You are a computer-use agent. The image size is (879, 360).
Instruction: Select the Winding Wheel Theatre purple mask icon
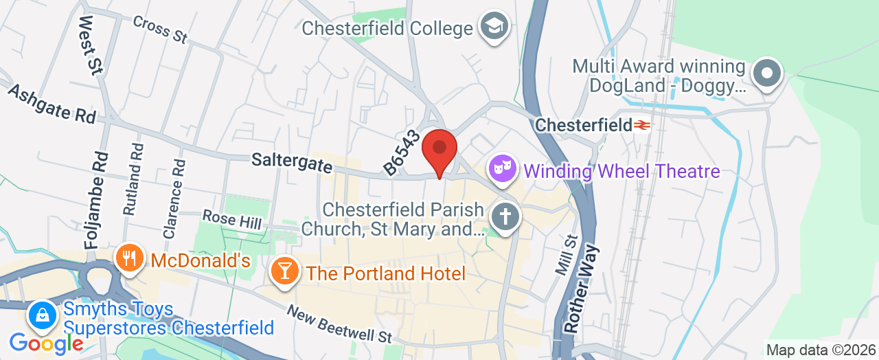pyautogui.click(x=503, y=168)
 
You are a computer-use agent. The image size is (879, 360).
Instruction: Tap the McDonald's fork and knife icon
pyautogui.click(x=128, y=259)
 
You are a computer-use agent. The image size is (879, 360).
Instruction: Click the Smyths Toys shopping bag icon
pyautogui.click(x=43, y=317)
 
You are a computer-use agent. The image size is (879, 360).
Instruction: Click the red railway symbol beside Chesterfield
pyautogui.click(x=641, y=126)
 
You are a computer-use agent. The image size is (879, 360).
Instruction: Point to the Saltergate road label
pyautogui.click(x=292, y=164)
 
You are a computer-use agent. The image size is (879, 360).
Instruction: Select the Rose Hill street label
pyautogui.click(x=231, y=221)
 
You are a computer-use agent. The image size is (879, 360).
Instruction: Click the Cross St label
pyautogui.click(x=160, y=30)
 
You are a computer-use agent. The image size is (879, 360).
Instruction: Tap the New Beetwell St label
pyautogui.click(x=339, y=324)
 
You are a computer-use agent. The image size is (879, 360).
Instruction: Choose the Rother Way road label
pyautogui.click(x=582, y=289)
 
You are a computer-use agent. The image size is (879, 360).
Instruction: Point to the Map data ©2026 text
pyautogui.click(x=821, y=350)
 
